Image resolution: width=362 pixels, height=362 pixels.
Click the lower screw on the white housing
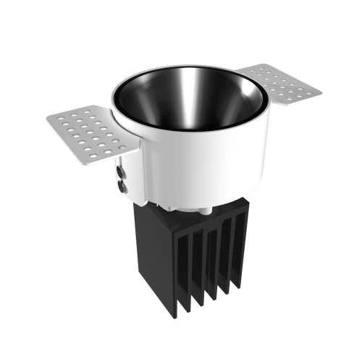[120, 185]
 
